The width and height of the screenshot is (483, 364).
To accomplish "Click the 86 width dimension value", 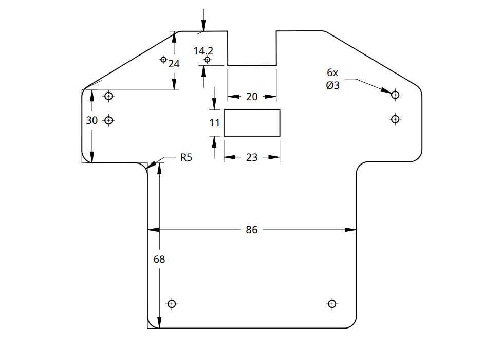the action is (x=251, y=230).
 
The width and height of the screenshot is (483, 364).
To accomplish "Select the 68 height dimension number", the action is (x=159, y=259).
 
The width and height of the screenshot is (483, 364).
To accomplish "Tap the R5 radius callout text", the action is (x=186, y=157).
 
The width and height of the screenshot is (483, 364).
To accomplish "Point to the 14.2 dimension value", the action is (x=203, y=51).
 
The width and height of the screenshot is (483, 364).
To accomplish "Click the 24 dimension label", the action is (x=174, y=64).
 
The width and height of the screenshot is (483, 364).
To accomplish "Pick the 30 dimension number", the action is (x=92, y=120).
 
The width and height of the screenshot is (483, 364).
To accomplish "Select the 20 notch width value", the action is (x=252, y=97).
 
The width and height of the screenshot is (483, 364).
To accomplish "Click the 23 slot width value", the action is (x=252, y=157).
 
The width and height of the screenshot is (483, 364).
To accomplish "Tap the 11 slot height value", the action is (x=214, y=123).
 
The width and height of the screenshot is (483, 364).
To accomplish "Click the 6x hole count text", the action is (x=332, y=72).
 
